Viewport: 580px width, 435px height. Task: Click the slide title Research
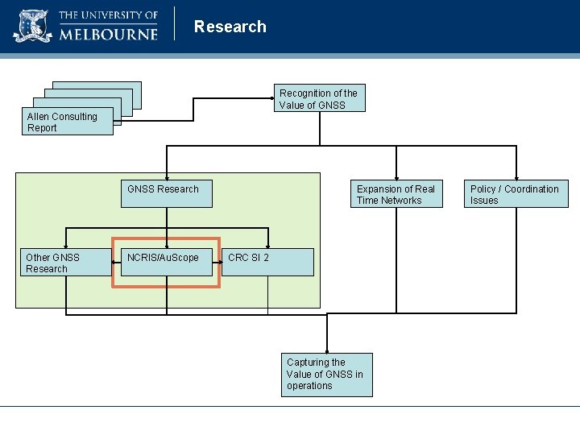[230, 27]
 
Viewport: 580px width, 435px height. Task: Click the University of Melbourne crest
[32, 26]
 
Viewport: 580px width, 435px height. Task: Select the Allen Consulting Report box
[68, 122]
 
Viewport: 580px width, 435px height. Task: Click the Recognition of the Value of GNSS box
[319, 98]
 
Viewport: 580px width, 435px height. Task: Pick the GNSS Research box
[166, 193]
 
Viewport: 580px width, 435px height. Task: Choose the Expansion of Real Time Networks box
[396, 194]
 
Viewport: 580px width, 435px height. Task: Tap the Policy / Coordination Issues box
[517, 194]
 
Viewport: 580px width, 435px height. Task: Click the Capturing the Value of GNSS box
[327, 374]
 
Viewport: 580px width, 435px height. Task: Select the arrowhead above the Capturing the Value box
[327, 350]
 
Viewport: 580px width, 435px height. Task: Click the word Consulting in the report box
[74, 117]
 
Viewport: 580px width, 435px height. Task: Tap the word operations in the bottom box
[309, 386]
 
